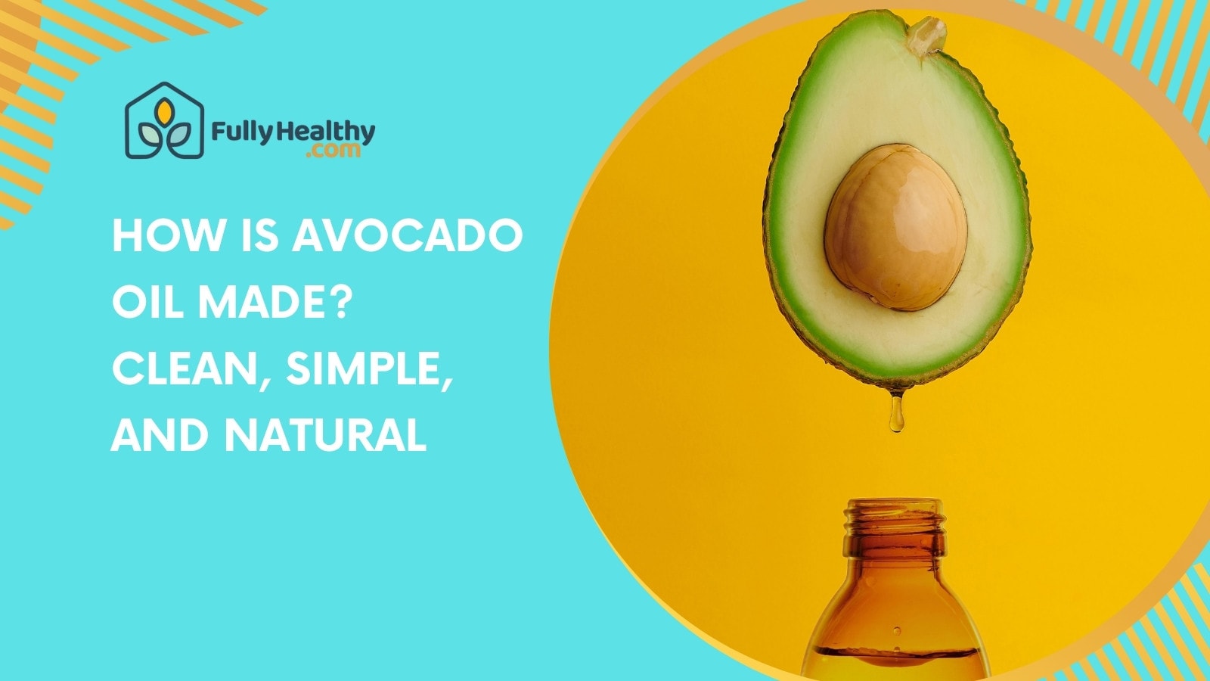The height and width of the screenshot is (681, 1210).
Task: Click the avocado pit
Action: point(895,226)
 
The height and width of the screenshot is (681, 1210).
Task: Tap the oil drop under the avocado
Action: point(897,415)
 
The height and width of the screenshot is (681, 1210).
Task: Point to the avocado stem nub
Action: point(926,33)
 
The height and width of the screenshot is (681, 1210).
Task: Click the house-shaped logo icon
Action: point(165,121)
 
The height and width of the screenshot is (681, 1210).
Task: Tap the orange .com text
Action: point(334,151)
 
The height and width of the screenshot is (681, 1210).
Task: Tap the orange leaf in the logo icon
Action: point(164,113)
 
